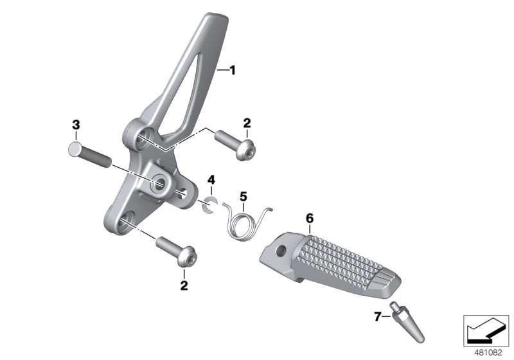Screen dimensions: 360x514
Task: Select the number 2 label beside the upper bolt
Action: coord(246,123)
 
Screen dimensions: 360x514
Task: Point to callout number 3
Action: coord(76,124)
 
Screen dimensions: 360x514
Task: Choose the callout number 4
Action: coord(211,180)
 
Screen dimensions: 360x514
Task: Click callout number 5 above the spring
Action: coord(243,195)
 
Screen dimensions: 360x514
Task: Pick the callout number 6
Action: coord(309,219)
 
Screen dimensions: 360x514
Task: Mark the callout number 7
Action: coord(378,316)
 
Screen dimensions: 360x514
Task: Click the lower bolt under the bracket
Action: coord(175,252)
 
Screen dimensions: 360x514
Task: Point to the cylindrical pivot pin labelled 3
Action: coord(90,155)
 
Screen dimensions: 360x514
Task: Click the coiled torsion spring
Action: coord(244,222)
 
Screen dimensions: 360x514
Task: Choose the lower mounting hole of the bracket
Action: coord(125,221)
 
